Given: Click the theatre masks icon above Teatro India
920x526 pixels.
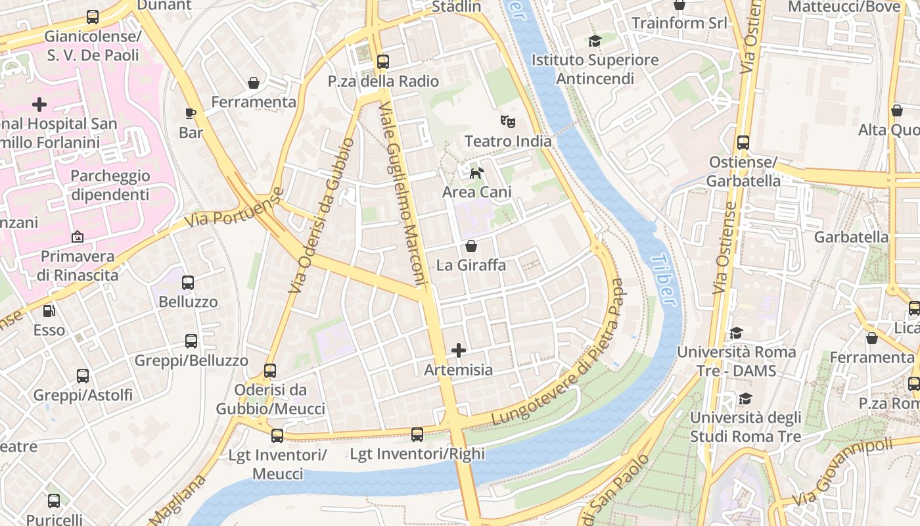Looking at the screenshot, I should coord(507,122).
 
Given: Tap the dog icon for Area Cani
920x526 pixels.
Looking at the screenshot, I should coord(476,173).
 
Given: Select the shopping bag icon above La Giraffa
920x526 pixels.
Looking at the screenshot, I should coord(471,246).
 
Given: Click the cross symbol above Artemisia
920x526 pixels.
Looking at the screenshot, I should coord(459,350).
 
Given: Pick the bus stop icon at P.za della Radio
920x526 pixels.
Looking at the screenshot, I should coord(383,62).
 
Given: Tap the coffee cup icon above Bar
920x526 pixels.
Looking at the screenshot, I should coord(191,113).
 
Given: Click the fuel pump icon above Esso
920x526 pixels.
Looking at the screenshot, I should coord(49,310).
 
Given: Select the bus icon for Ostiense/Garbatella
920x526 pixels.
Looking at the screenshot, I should coord(743,142).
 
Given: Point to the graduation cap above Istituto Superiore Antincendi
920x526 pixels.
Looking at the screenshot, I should coord(595,41).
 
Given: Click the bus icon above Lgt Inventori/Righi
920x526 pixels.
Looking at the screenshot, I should coord(417,434).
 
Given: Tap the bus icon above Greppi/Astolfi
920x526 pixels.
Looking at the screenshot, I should coord(83,376).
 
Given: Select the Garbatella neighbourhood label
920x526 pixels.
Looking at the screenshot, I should coord(851,237).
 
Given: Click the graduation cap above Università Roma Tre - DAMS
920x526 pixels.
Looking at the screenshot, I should coord(736,333).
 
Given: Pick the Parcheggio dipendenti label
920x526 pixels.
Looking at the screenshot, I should coord(110,185).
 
